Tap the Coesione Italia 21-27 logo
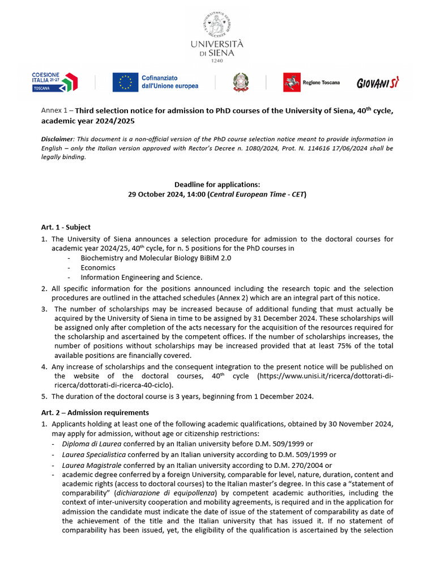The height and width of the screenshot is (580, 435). click(x=55, y=82)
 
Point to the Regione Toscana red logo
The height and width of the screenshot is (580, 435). click(x=292, y=82)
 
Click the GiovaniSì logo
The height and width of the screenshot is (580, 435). click(x=378, y=83)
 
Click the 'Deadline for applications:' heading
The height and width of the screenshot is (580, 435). click(x=217, y=185)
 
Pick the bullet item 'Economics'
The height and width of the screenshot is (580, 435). click(x=98, y=267)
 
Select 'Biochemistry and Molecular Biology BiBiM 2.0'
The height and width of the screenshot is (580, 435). click(x=156, y=258)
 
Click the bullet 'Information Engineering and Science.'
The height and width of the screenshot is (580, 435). click(x=141, y=277)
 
